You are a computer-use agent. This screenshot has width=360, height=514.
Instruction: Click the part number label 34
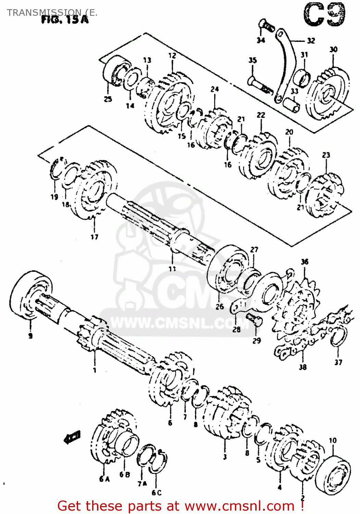click(261, 40)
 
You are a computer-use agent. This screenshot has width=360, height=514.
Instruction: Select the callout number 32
click(311, 41)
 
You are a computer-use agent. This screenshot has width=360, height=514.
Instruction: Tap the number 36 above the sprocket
click(305, 262)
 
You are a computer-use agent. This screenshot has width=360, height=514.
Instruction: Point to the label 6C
click(156, 493)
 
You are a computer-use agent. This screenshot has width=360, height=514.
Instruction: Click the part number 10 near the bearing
click(333, 440)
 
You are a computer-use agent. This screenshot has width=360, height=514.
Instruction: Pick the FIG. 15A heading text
click(65, 20)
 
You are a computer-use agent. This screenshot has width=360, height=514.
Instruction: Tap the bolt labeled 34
click(266, 25)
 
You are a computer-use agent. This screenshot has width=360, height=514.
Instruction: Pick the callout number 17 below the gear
click(94, 236)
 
